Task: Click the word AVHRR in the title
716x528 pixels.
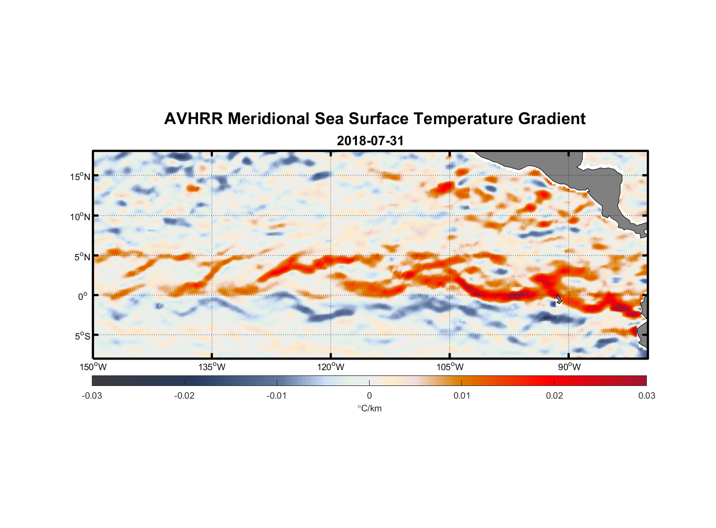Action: coord(193,119)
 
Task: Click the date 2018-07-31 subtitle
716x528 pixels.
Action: coord(370,141)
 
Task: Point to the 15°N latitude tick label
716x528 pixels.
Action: coord(80,177)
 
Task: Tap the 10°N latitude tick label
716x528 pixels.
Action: coord(80,217)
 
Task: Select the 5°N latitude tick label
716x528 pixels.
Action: coord(82,257)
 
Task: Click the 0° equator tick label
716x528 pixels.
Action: coord(83,297)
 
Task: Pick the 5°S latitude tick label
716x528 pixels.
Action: coord(82,336)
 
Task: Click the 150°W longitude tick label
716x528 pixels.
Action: coord(93,367)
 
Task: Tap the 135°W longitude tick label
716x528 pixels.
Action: coord(212,367)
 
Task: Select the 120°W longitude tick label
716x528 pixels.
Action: coord(331,367)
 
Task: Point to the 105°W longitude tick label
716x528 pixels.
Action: coord(450,367)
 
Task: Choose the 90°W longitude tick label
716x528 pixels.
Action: coord(569,367)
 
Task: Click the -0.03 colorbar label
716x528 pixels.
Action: coord(92,396)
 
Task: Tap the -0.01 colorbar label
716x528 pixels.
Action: coord(276,396)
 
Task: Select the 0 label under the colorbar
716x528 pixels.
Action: coord(369,396)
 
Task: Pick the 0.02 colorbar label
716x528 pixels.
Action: coord(554,396)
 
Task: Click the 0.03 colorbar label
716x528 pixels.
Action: coord(646,396)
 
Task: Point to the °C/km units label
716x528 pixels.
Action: coord(369,409)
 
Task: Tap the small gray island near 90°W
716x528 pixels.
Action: coord(559,299)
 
